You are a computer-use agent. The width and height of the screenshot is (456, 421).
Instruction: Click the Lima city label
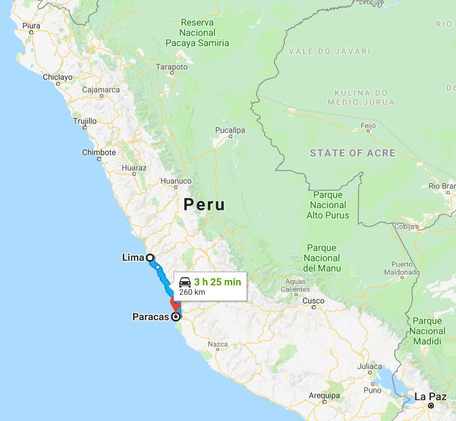point(133,257)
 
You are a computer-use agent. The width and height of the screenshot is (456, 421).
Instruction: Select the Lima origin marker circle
point(150,257)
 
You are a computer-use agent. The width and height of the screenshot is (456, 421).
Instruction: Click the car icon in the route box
point(185,282)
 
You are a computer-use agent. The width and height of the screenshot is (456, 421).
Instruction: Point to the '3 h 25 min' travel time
point(217,282)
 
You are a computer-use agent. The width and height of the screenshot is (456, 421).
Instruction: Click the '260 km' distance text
point(192,292)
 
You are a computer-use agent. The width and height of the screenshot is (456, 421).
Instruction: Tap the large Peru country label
point(204,205)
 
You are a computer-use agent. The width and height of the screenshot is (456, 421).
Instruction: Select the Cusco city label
point(313,301)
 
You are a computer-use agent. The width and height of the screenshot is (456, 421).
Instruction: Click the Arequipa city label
point(324,395)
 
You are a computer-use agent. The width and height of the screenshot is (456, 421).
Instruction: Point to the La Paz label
point(428,396)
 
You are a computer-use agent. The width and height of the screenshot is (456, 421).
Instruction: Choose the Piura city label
point(31,26)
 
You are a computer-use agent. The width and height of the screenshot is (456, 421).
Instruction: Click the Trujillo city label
point(85,121)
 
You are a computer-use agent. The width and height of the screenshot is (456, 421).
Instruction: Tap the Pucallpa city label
point(230,130)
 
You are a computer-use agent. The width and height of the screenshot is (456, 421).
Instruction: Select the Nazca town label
point(218,344)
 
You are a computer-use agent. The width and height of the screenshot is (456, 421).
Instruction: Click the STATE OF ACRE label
point(352,153)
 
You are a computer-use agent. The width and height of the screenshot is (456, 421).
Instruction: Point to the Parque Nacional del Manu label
point(322,258)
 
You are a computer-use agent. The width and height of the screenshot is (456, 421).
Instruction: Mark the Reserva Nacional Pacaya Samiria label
point(197,33)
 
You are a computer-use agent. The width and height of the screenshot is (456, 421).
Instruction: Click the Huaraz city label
point(134,168)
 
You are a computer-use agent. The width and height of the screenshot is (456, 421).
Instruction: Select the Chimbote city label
point(99,152)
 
